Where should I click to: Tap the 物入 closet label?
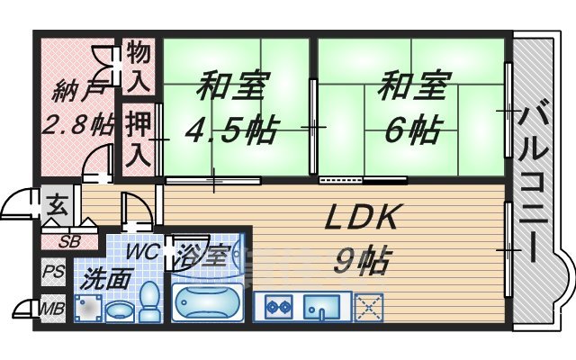tap(138, 65)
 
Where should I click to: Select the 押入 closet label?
tap(138, 135)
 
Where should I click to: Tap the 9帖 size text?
tap(362, 261)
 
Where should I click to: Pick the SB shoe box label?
tap(68, 241)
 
